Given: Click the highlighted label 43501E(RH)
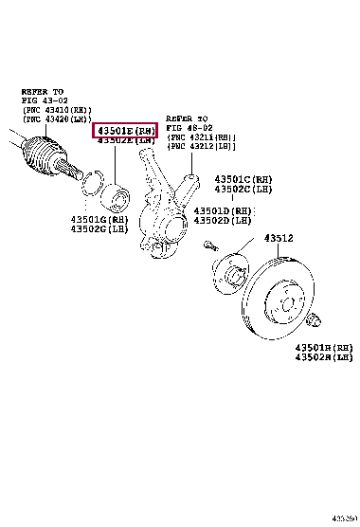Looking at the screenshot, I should pos(124,130).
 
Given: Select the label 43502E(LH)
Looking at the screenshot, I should pos(124,141).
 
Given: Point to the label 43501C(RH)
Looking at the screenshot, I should pos(244,178).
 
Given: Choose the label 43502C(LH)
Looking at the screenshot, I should pos(244,189).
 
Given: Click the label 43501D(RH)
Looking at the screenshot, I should pos(225,210).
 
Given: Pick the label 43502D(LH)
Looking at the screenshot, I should pos(225,221).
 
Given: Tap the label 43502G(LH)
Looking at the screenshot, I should pos(99,230).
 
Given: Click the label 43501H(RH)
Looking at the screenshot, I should pos(323,349).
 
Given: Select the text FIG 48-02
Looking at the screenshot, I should pos(189,127).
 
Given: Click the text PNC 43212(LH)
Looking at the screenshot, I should pos(201,146).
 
